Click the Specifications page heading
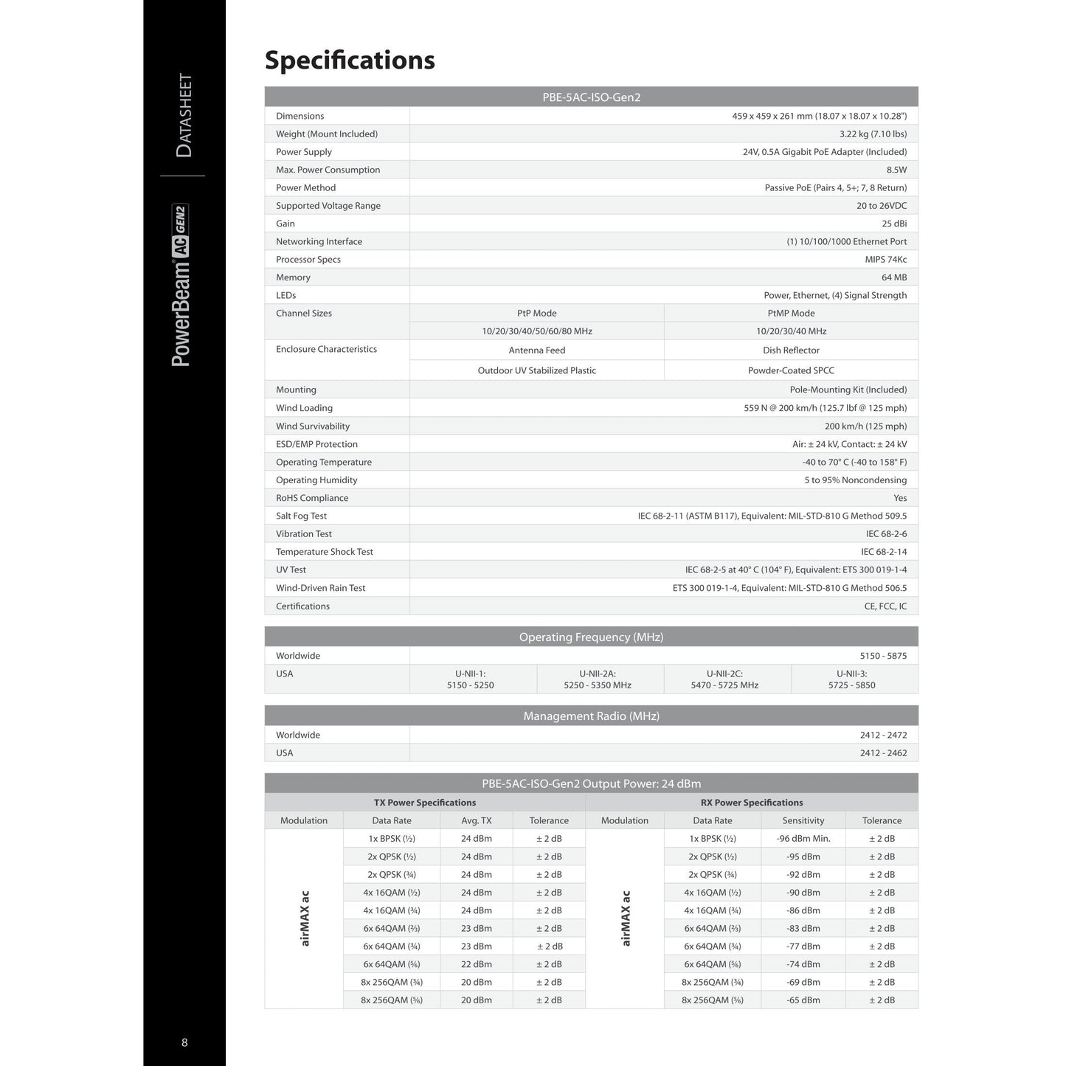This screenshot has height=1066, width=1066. click(x=350, y=60)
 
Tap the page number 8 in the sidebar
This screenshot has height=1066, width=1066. click(x=184, y=1042)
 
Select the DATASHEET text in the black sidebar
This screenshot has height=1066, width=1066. click(x=184, y=115)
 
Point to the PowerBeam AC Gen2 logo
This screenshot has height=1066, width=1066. click(x=181, y=285)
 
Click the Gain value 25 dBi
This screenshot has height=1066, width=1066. click(x=894, y=224)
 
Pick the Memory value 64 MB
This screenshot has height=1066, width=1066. click(x=894, y=277)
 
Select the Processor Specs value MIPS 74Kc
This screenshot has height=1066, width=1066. click(x=886, y=260)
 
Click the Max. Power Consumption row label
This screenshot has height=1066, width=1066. click(x=328, y=170)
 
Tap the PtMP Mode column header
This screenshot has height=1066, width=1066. click(x=791, y=314)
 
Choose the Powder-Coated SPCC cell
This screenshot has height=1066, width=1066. click(x=791, y=370)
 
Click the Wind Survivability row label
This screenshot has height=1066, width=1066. click(x=313, y=426)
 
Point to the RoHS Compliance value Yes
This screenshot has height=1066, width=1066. click(x=900, y=498)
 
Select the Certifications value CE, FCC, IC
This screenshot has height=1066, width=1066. click(x=885, y=606)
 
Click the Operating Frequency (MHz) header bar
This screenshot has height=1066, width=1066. click(x=591, y=637)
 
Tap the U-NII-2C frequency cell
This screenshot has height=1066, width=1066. click(x=727, y=679)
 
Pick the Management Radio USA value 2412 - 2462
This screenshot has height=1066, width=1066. click(x=883, y=753)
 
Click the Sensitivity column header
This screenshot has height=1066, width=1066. click(x=803, y=820)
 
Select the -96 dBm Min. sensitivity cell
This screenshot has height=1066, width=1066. click(x=803, y=839)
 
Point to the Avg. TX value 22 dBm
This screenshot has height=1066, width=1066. click(x=477, y=964)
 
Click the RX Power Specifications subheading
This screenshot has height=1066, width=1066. click(x=752, y=803)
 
